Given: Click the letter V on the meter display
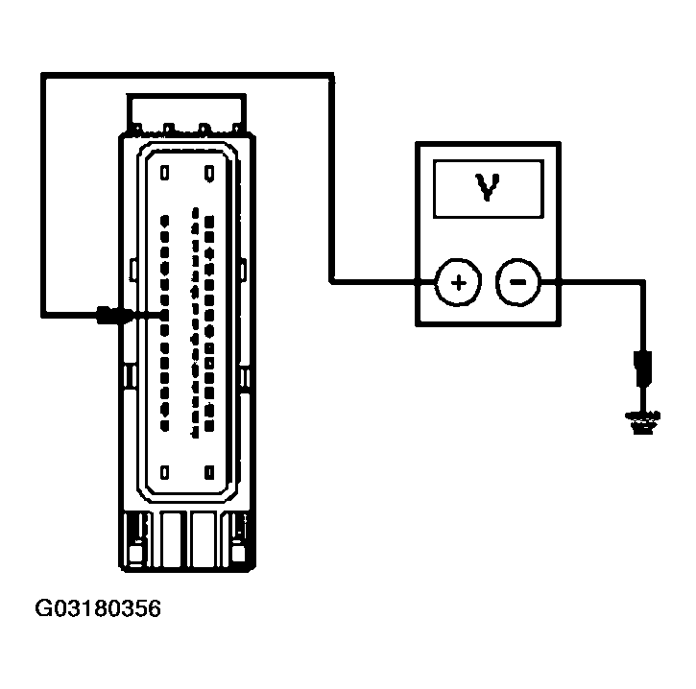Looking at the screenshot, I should click(x=490, y=189).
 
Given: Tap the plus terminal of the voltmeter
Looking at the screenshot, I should click(x=458, y=282).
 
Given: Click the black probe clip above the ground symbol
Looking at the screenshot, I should click(x=641, y=366).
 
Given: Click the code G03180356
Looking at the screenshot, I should click(x=99, y=608).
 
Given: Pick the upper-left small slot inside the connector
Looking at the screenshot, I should click(x=165, y=172).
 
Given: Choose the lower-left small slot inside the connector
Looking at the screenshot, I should click(x=165, y=471).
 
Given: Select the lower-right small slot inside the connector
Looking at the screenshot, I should click(x=209, y=471).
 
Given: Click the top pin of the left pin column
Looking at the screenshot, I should click(x=165, y=220).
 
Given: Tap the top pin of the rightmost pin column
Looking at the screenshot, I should click(x=209, y=220).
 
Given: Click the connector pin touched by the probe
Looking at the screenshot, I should click(x=164, y=314).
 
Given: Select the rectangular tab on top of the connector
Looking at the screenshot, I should click(x=188, y=110).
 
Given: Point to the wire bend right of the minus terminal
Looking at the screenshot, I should click(x=641, y=282).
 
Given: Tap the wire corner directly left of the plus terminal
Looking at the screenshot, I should click(x=332, y=282).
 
